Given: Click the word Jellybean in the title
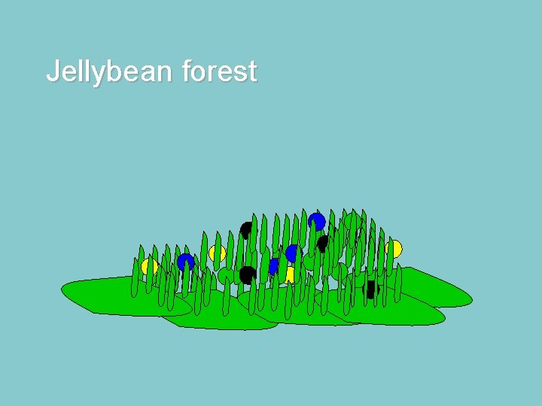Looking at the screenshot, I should [110, 72].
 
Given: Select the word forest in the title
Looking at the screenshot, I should [219, 72].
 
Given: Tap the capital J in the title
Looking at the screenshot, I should [53, 71].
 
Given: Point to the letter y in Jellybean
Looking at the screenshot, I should [99, 74].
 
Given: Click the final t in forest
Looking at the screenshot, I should [253, 72].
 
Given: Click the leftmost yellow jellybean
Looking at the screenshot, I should [150, 267].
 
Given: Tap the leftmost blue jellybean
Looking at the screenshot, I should [185, 262].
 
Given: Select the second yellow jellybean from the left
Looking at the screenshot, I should [218, 253].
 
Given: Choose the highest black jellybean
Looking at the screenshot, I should [246, 230].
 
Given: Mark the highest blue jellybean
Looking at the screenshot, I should [317, 222].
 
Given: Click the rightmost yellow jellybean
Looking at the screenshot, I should [394, 249].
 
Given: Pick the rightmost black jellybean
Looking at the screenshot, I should [370, 289].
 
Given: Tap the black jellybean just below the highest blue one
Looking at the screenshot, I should [323, 244].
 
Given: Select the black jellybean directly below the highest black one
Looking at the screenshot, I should [246, 275].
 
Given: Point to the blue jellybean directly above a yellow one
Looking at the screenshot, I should [293, 253].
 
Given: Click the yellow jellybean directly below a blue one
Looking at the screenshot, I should [291, 274].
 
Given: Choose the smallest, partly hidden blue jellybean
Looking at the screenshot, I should [274, 265].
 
